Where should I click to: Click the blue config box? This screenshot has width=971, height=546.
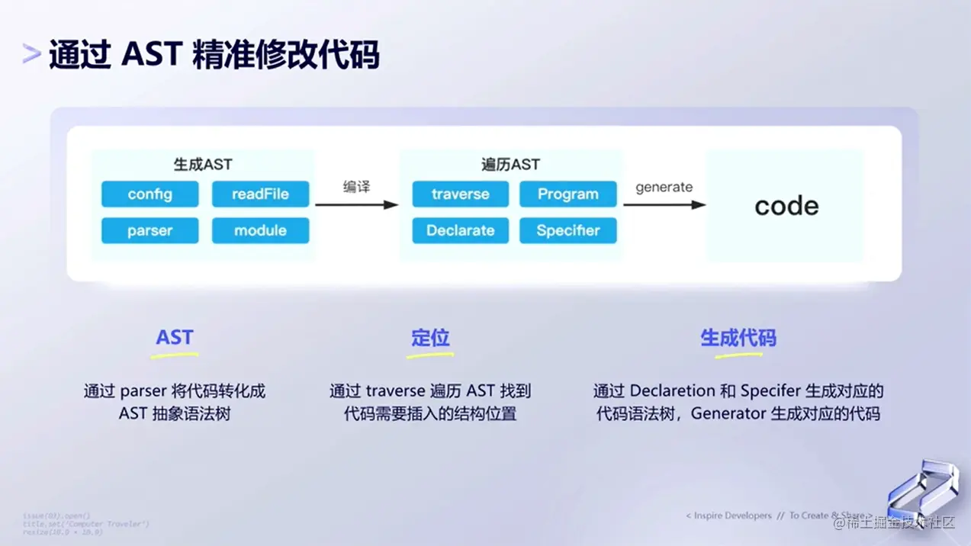[150, 194]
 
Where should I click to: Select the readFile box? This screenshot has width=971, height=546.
[260, 194]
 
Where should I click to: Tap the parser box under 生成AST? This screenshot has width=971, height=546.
[150, 230]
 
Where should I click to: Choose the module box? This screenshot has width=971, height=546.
[260, 230]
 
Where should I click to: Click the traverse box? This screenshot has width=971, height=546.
[460, 194]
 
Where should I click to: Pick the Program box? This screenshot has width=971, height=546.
[567, 194]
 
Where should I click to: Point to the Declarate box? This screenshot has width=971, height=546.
[460, 230]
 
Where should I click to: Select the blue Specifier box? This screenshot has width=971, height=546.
[567, 230]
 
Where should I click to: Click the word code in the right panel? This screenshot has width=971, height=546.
[786, 206]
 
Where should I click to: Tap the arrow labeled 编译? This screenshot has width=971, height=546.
[356, 204]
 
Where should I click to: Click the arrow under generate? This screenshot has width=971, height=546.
[664, 204]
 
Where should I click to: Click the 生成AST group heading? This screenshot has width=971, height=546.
[203, 165]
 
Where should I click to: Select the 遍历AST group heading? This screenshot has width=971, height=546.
[510, 165]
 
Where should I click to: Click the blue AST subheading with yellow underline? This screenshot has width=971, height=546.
[175, 338]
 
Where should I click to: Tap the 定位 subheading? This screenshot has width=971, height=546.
[430, 338]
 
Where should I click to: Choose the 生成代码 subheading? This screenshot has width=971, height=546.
[738, 338]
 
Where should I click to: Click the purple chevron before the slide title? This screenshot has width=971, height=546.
[31, 54]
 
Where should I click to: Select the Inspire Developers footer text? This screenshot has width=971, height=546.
[728, 516]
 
